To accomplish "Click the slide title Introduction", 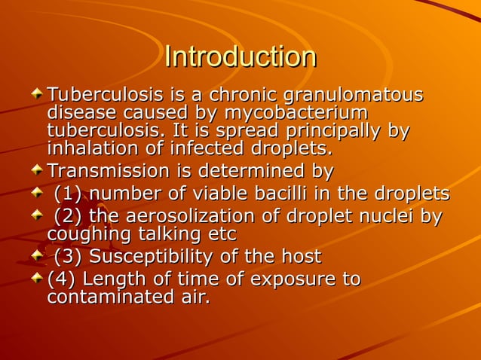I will (x=240, y=57).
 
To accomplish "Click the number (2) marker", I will (x=69, y=218).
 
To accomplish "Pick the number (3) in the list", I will (x=69, y=257).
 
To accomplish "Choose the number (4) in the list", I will (x=61, y=280).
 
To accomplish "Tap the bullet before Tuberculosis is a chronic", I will (x=37, y=96).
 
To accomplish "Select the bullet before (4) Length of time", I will (x=37, y=279).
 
